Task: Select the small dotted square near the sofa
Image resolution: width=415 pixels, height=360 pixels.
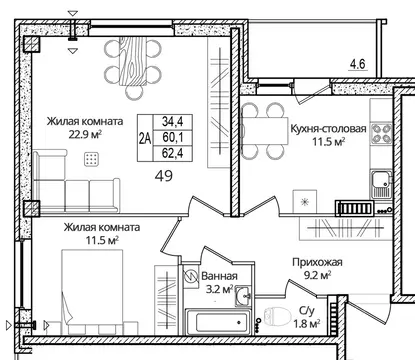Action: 91,158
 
